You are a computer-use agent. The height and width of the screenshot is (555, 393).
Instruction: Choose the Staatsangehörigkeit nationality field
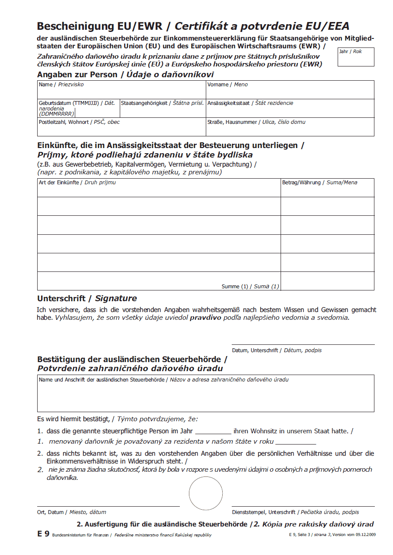pos(163,111)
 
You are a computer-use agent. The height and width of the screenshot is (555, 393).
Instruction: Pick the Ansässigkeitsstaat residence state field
pos(290,111)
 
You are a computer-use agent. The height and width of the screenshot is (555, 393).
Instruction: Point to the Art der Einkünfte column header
pos(77,183)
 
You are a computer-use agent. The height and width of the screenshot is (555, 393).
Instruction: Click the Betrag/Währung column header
pos(320,183)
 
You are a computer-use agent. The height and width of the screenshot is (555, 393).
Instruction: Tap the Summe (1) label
pos(250,287)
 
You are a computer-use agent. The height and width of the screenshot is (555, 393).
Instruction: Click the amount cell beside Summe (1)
pos(327,281)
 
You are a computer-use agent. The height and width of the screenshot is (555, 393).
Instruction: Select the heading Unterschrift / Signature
pos(87,298)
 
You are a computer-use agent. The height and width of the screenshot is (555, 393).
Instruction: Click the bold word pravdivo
pos(205,318)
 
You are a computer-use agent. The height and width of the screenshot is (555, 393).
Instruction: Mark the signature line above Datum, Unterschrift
pos(303,344)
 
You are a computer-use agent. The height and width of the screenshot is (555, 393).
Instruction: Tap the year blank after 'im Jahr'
pos(213,432)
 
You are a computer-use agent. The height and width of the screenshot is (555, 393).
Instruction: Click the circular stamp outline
pos(206,493)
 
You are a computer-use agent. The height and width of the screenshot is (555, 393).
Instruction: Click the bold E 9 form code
pos(43,534)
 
